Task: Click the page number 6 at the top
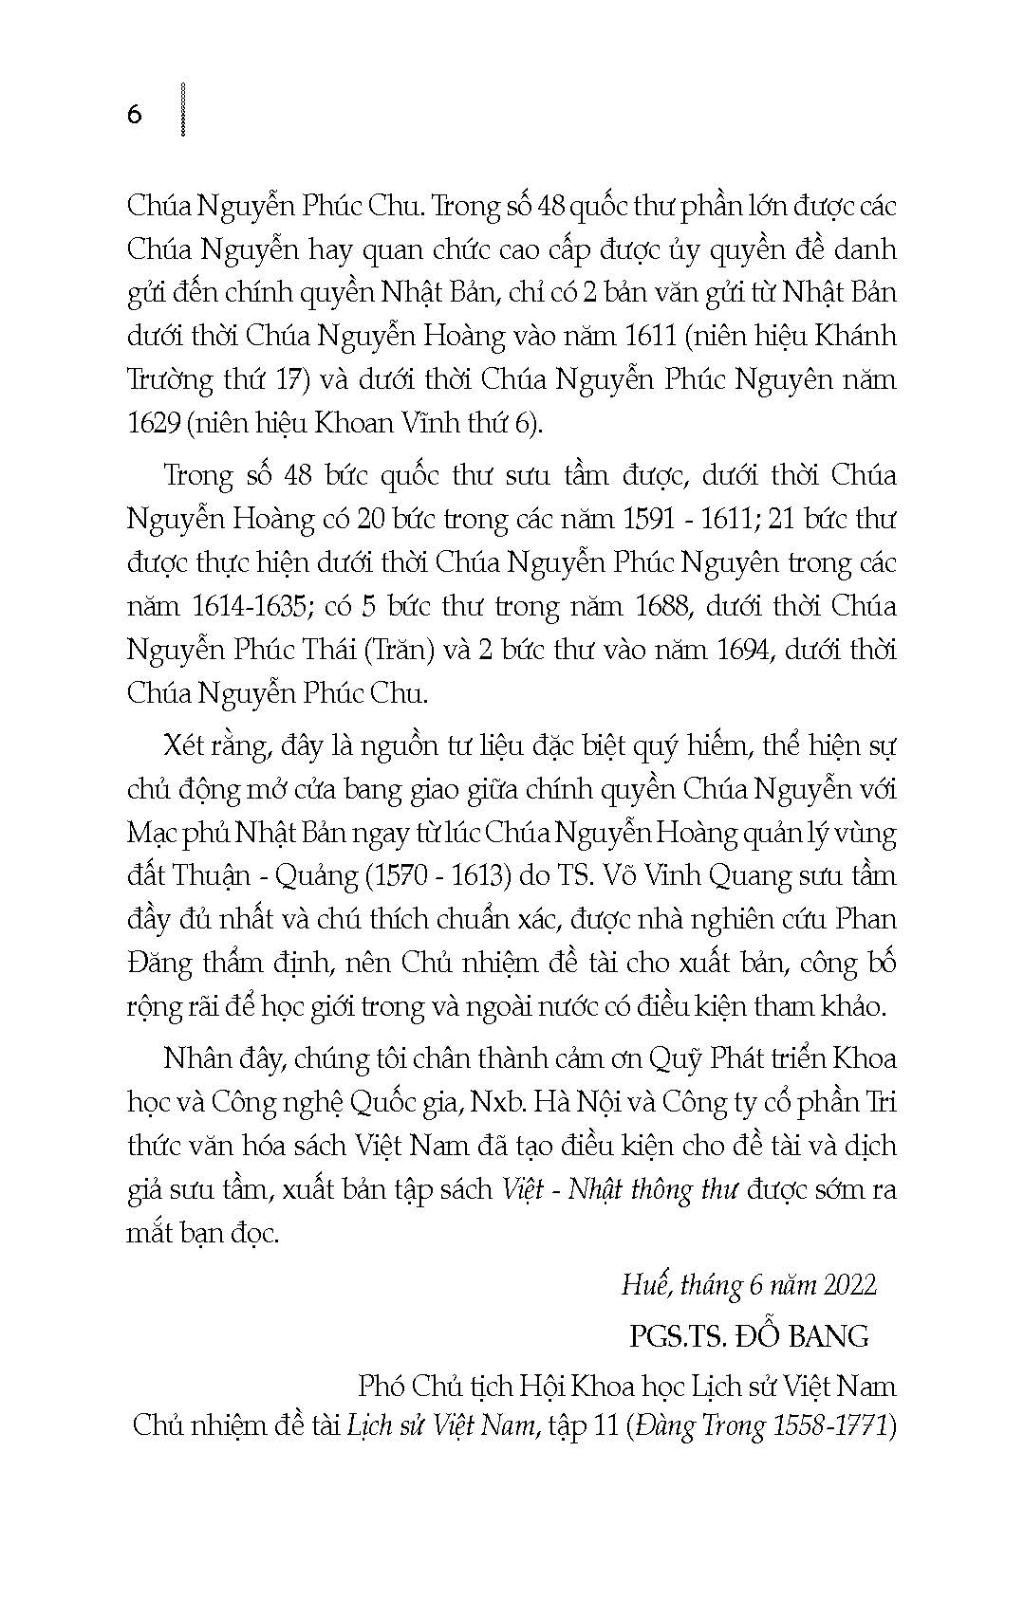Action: (x=134, y=115)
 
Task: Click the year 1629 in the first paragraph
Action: (x=153, y=424)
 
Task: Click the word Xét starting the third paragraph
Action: (x=188, y=745)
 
